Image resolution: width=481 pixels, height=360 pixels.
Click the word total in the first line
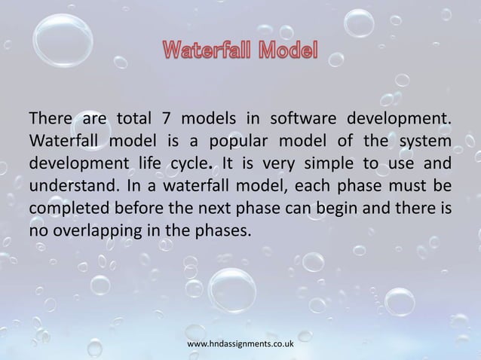[124, 118]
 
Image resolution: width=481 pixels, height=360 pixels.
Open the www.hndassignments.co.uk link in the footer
[240, 343]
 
